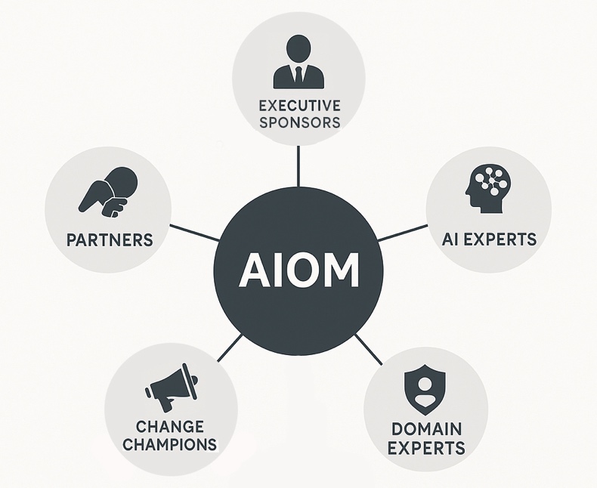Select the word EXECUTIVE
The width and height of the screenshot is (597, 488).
(x=298, y=105)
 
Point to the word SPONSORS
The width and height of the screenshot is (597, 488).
(x=298, y=122)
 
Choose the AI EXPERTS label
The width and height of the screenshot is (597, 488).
(x=489, y=239)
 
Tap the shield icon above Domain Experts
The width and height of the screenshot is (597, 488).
(x=425, y=387)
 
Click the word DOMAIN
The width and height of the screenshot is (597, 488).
(x=425, y=429)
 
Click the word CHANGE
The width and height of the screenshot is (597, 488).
(x=170, y=428)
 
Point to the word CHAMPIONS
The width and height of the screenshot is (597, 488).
(x=170, y=445)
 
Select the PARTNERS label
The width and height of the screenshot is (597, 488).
(x=110, y=240)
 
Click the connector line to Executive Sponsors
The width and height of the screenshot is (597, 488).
(x=298, y=165)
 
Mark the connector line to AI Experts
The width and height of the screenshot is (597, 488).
(x=401, y=232)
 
